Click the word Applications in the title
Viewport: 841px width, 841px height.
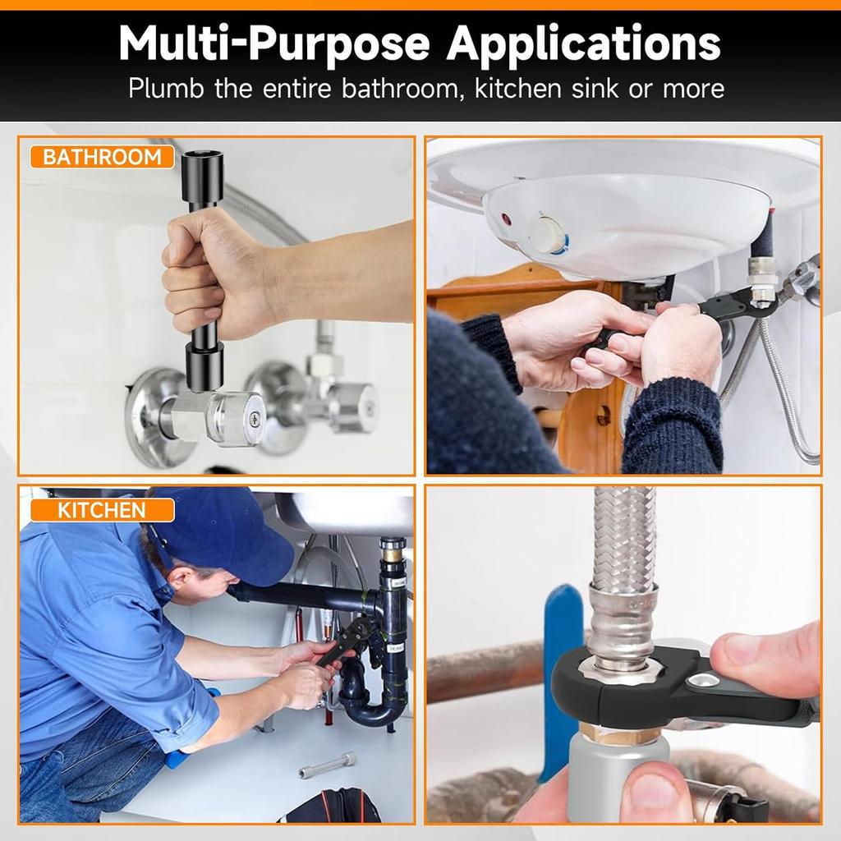585,45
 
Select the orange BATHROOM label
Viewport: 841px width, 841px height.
102,157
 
